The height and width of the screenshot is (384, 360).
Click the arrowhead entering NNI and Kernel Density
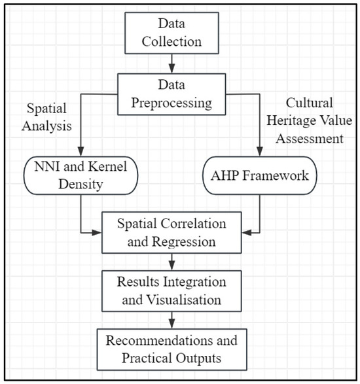79,151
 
